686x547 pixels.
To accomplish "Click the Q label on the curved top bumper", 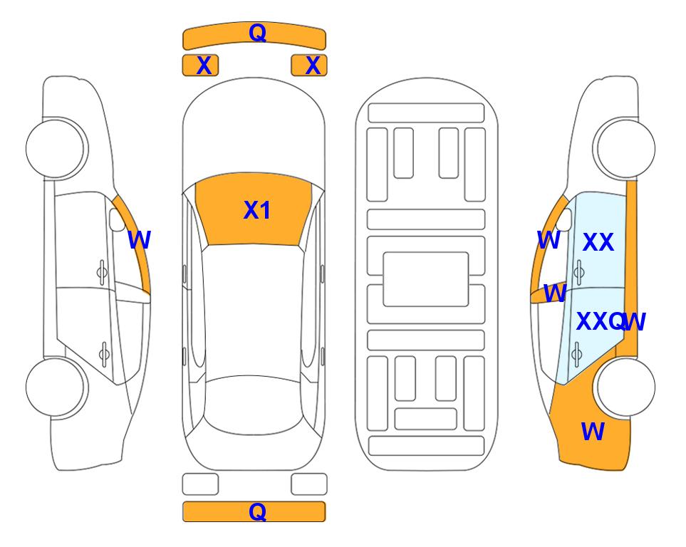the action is point(257,32).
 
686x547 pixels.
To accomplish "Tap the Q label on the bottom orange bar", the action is point(257,511).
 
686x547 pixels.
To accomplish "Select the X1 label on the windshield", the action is point(257,210).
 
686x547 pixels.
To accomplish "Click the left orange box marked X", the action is point(200,66).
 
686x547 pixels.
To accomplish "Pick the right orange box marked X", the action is point(309,66).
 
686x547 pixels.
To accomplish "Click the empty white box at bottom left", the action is point(200,484).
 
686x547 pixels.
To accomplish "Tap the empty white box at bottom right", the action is point(309,484).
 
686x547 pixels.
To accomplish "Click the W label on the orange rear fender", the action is point(593,432).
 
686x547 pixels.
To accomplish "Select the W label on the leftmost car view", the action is point(140,240).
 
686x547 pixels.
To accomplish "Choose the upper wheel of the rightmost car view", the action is point(624,148).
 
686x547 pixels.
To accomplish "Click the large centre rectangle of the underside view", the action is point(426,279).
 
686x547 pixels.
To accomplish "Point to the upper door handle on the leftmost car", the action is point(102,273).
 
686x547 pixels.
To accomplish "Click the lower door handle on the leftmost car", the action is point(104,353).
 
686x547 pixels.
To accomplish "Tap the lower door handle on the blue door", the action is point(577,353).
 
